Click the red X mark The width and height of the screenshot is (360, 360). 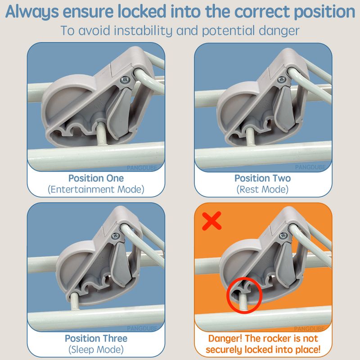coord(211,220)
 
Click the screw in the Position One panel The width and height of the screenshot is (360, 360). coord(125,80)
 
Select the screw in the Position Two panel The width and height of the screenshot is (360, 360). coord(282,80)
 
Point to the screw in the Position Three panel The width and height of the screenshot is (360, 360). coord(116,235)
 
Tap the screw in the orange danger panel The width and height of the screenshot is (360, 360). coord(283,235)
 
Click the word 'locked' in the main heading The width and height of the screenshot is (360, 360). coord(142,12)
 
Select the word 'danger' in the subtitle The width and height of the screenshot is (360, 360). coord(279,31)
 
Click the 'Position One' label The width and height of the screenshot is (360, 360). coord(96,178)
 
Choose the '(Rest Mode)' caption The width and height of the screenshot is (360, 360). coord(262,189)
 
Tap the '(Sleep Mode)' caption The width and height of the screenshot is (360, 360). coord(96,350)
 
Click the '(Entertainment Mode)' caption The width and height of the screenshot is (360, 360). coord(96,189)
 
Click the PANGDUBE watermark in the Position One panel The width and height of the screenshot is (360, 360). coord(142,168)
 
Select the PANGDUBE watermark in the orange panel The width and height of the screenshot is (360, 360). coord(309,329)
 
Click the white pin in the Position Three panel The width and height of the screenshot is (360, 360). coord(74,301)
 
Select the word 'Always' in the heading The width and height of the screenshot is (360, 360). coord(32,12)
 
